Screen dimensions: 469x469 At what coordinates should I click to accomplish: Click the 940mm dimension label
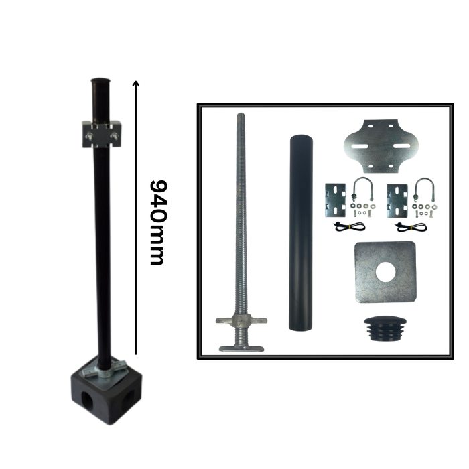click(x=157, y=222)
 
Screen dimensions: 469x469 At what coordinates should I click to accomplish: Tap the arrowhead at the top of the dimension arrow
click(x=136, y=83)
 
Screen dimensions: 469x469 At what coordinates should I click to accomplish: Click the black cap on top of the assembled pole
click(x=100, y=81)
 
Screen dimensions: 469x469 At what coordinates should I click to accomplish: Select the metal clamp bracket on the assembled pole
click(x=102, y=134)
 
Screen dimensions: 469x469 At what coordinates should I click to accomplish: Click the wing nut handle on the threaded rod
click(x=241, y=320)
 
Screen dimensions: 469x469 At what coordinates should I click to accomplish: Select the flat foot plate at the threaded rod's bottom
click(x=241, y=348)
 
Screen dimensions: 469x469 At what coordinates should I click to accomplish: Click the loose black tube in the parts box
click(x=301, y=232)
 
